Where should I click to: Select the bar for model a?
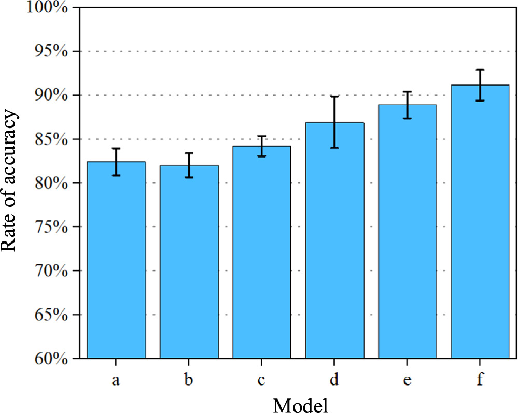pos(116,259)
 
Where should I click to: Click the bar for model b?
pos(189,262)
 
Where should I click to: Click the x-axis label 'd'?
pos(334,380)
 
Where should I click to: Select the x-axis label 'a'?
pos(116,381)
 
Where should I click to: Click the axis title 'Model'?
pos(300,403)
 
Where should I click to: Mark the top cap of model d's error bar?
pos(334,96)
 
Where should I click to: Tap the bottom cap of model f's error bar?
pos(480,101)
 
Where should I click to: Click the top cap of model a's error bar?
pos(116,149)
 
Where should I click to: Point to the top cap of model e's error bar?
pos(407,92)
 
